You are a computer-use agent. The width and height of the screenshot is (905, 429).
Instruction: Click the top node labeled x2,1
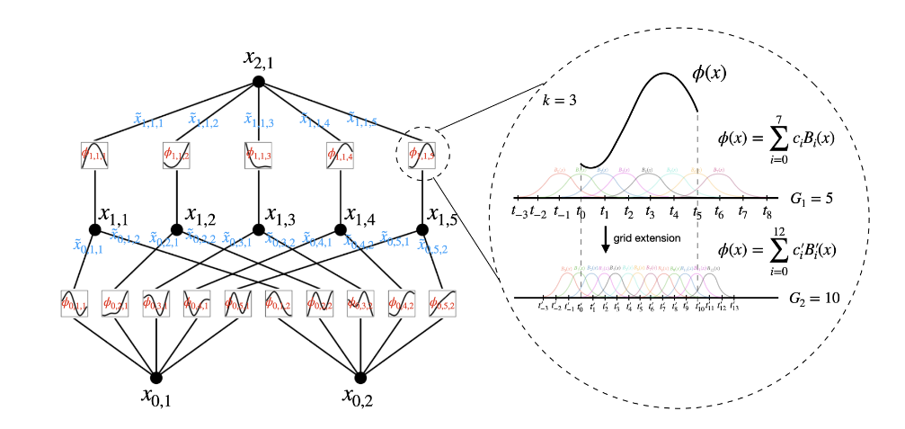[x=258, y=82]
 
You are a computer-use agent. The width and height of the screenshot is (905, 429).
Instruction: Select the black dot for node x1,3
[x=258, y=229]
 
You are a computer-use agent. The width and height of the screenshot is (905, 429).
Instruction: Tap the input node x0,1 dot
[x=156, y=378]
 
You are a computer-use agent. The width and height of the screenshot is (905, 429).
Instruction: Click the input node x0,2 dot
[x=361, y=378]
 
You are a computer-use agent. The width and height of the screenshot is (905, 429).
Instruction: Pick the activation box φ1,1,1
[x=93, y=156]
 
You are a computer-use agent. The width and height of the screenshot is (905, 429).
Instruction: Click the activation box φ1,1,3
[x=258, y=156]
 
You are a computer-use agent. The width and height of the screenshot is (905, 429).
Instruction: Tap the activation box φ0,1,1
[x=74, y=303]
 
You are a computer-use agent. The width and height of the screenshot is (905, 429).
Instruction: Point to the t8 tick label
[x=766, y=212]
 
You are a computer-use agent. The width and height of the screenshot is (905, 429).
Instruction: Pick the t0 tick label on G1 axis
[x=581, y=212]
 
